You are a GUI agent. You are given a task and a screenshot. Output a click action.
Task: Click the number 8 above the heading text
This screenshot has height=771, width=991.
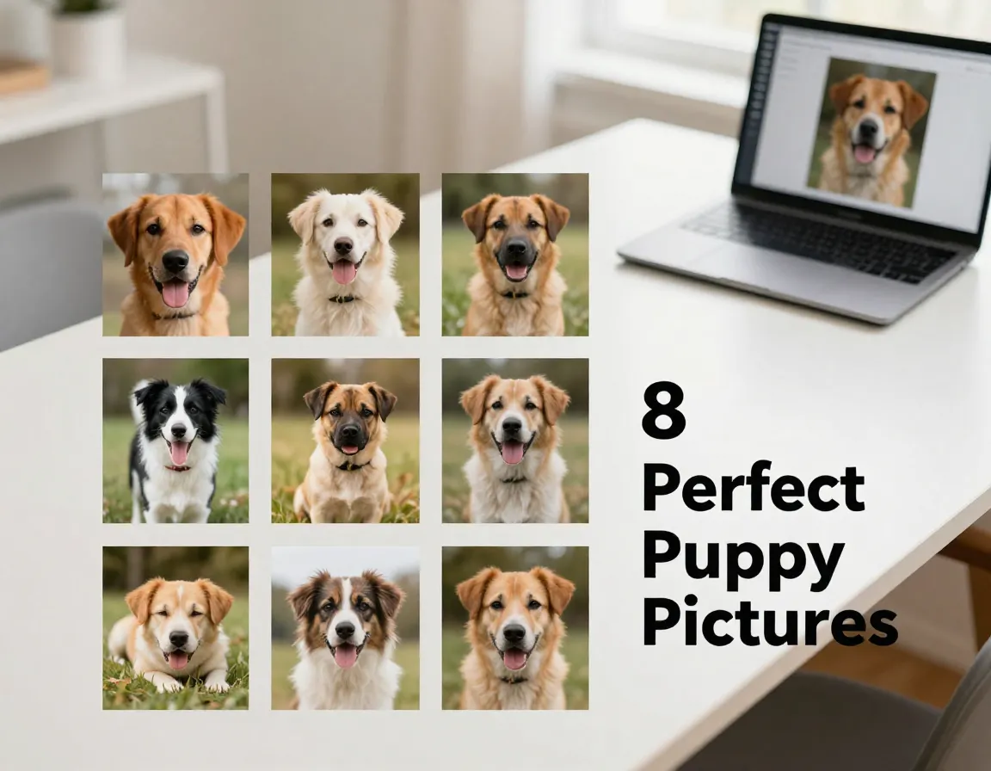(664, 411)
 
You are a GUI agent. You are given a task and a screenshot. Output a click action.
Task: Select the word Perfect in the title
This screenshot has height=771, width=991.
(753, 487)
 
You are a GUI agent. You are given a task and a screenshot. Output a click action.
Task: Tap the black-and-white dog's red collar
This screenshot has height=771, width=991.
(179, 466)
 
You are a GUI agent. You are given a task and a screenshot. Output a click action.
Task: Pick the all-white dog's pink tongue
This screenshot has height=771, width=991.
(344, 272)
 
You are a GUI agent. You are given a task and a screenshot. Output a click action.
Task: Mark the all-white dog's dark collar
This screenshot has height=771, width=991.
(344, 299)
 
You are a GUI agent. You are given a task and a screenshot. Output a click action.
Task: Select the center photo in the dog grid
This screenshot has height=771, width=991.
(345, 441)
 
